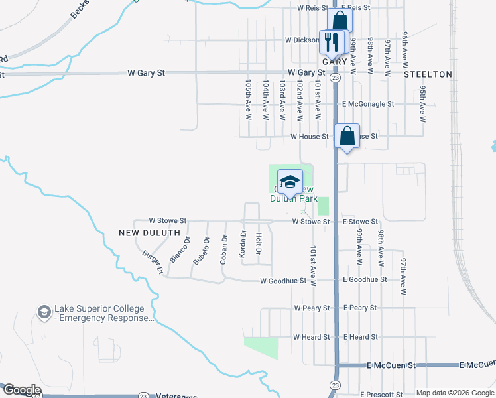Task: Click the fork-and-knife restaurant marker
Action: click(x=332, y=41)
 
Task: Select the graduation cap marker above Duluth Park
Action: click(x=290, y=181)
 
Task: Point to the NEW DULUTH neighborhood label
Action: click(x=150, y=233)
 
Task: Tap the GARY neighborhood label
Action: click(x=335, y=61)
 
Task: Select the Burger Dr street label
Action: click(x=153, y=262)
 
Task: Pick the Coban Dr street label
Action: click(x=224, y=249)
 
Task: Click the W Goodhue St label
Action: click(x=283, y=281)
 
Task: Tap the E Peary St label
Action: click(x=360, y=308)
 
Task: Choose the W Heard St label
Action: click(x=312, y=337)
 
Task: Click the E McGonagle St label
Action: click(x=368, y=104)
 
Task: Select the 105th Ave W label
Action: click(x=248, y=99)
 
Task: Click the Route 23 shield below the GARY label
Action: click(x=336, y=78)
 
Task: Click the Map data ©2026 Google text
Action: click(x=454, y=393)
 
